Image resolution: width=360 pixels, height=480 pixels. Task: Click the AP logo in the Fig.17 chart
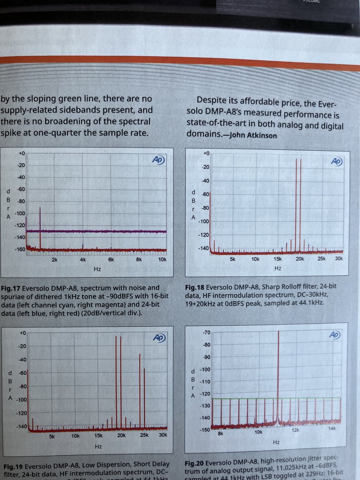pyautogui.click(x=158, y=160)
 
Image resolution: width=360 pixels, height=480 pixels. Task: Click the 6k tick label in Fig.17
pyautogui.click(x=111, y=259)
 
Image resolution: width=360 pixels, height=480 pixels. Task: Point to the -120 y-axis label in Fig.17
pyautogui.click(x=20, y=225)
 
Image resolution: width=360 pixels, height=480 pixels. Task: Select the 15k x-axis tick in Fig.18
pyautogui.click(x=278, y=259)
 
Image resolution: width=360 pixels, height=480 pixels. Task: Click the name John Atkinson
pyautogui.click(x=252, y=136)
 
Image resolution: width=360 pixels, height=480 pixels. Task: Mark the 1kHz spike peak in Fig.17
pyautogui.click(x=40, y=208)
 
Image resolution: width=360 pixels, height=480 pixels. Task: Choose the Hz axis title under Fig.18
pyautogui.click(x=278, y=268)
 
